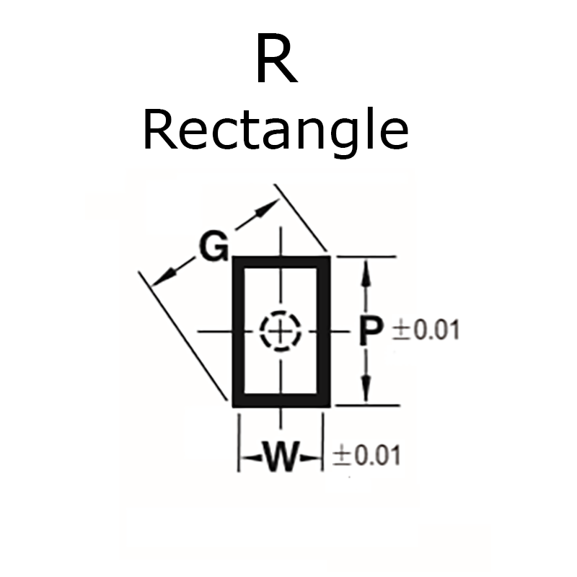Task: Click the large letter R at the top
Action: point(276,61)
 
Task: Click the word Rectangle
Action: point(276,131)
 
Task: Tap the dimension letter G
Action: point(214,247)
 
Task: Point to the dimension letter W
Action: point(280,457)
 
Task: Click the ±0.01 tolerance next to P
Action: point(425,331)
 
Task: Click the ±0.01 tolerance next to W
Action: point(366,456)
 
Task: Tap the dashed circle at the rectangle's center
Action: point(281,332)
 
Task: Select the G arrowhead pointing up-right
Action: point(268,206)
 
